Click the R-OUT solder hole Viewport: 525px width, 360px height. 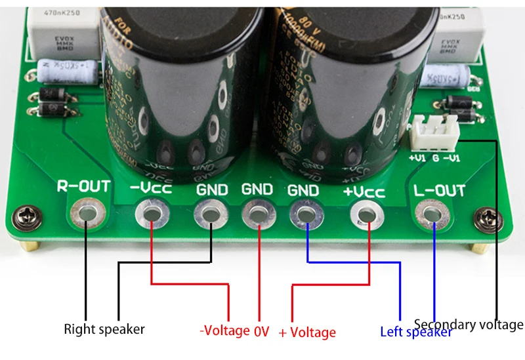point(86,214)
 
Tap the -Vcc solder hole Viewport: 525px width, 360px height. point(150,214)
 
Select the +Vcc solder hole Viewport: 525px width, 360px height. point(366,214)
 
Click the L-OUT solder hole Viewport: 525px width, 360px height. point(431,214)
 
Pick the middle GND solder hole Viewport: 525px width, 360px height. point(257,214)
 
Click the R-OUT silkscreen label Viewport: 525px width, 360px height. point(84,187)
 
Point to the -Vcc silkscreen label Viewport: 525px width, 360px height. point(150,188)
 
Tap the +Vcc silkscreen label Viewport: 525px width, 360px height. point(364,192)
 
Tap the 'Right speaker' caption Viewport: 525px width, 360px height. point(104,329)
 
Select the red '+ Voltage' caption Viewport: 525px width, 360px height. point(307,333)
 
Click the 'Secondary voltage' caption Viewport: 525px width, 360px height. point(469,324)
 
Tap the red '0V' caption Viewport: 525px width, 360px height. point(261,331)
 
